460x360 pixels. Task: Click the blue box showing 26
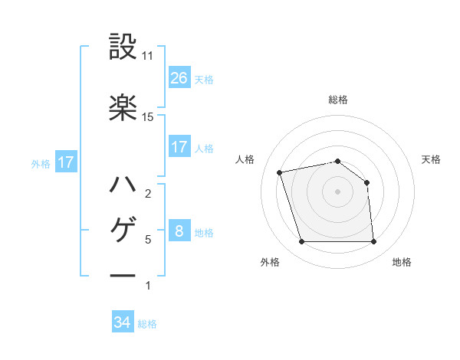pyautogui.click(x=179, y=77)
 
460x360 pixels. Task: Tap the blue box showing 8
pyautogui.click(x=179, y=231)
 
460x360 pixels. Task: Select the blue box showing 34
pyautogui.click(x=123, y=322)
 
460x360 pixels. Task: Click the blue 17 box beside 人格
pyautogui.click(x=179, y=146)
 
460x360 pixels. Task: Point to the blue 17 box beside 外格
pyautogui.click(x=65, y=162)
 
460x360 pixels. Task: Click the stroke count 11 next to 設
pyautogui.click(x=149, y=56)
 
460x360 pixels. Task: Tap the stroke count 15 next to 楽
pyautogui.click(x=149, y=116)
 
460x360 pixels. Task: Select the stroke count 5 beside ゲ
pyautogui.click(x=148, y=240)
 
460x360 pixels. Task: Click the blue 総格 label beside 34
pyautogui.click(x=147, y=324)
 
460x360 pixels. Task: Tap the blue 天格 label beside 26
pyautogui.click(x=203, y=79)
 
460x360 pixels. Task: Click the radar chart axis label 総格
pyautogui.click(x=338, y=100)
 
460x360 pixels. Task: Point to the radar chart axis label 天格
pyautogui.click(x=432, y=159)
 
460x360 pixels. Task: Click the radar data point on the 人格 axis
pyautogui.click(x=280, y=172)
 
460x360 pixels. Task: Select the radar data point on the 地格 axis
pyautogui.click(x=374, y=242)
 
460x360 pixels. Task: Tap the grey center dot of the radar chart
pyautogui.click(x=338, y=191)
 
